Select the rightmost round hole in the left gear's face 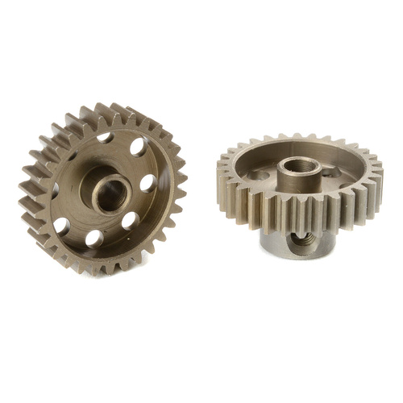pos(147,183)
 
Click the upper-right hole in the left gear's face pos(137,147)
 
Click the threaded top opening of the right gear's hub pos(301,168)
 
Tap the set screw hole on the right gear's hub pos(303,239)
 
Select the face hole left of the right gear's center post pos(259,174)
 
